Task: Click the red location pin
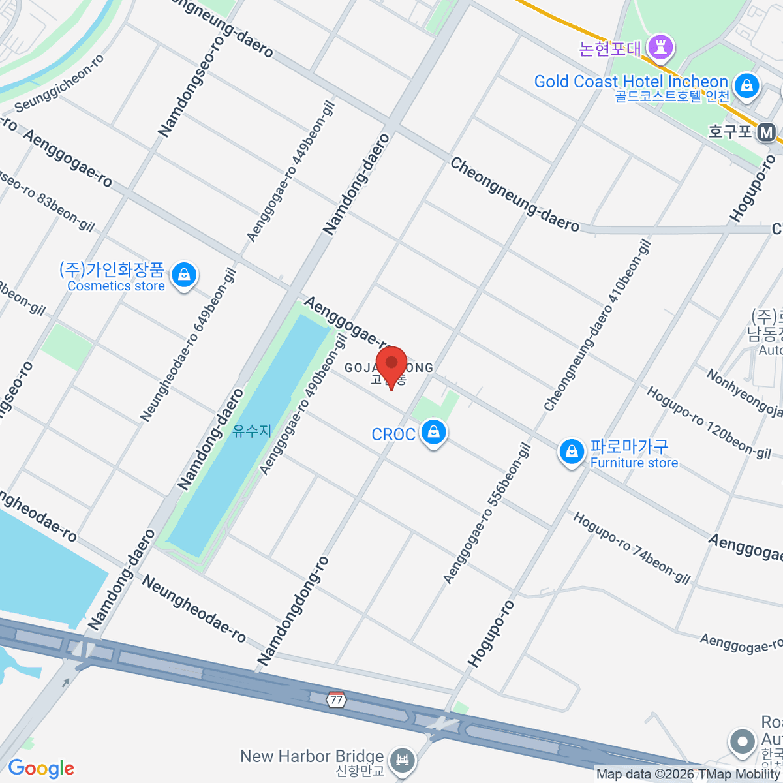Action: pyautogui.click(x=391, y=364)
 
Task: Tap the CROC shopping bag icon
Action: pyautogui.click(x=433, y=433)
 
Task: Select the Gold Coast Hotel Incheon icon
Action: pyautogui.click(x=745, y=85)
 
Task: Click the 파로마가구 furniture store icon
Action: pyautogui.click(x=572, y=452)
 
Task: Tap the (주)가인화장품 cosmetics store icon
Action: pyautogui.click(x=185, y=275)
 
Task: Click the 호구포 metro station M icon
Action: pyautogui.click(x=767, y=133)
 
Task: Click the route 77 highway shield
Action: pyautogui.click(x=336, y=699)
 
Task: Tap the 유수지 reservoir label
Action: pyautogui.click(x=252, y=431)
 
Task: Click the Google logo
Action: pyautogui.click(x=41, y=769)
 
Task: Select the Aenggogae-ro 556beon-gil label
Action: pyautogui.click(x=487, y=514)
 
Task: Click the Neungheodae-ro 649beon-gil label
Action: pyautogui.click(x=188, y=345)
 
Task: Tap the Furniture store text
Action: pyautogui.click(x=634, y=463)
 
